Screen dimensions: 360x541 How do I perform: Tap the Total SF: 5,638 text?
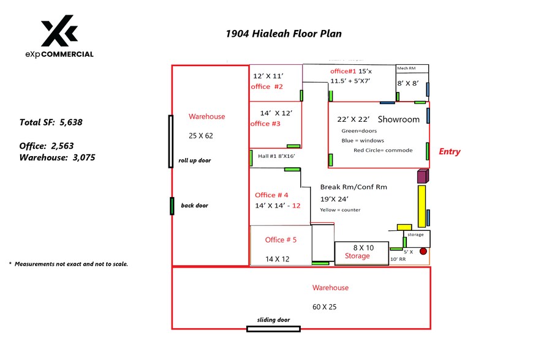[51, 122]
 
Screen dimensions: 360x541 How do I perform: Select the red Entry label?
[450, 152]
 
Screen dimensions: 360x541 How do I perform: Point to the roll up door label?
[194, 160]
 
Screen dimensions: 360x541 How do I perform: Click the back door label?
[194, 206]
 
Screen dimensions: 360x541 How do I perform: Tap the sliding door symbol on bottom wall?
[273, 329]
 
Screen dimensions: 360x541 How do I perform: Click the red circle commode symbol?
[423, 251]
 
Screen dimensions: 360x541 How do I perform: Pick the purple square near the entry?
[422, 177]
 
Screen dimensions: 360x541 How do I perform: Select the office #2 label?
[267, 87]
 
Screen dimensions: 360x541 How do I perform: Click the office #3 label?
[265, 124]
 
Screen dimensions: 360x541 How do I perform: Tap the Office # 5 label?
[281, 240]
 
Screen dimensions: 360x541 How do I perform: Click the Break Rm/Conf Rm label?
[354, 187]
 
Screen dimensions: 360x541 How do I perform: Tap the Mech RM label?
[407, 69]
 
